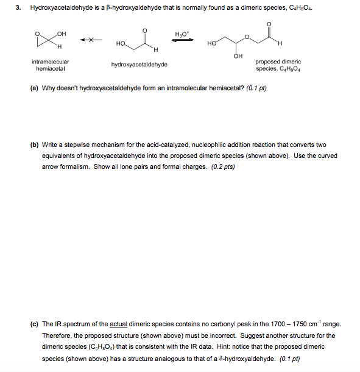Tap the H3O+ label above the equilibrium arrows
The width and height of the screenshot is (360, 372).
point(182,34)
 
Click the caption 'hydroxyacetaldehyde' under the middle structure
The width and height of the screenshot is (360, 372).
point(139,64)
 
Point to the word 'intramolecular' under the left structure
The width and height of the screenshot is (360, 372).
point(51,62)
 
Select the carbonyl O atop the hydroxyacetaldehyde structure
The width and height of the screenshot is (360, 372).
point(144,28)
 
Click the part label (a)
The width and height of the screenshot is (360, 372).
point(35,88)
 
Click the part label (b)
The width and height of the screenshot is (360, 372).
point(35,145)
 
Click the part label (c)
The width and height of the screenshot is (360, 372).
point(35,324)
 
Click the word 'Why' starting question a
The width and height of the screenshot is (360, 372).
point(49,88)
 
